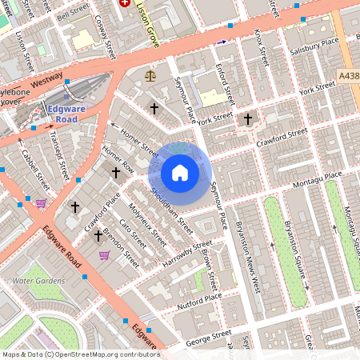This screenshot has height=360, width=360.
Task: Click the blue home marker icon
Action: coord(180,173)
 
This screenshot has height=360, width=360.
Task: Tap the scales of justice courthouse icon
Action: coord(150,75)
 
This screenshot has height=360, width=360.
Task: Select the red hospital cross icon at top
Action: coord(124,3)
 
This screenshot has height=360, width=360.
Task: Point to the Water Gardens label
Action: coord(38,281)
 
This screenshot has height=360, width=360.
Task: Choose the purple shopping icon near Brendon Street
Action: coord(104,255)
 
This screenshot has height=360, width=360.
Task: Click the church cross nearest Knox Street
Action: coord(248,119)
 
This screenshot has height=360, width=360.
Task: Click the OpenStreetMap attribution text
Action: coord(80,354)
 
